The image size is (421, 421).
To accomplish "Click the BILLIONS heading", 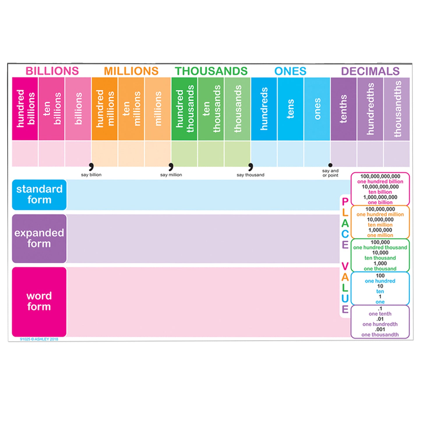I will [52, 71].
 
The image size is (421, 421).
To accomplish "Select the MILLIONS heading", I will [131, 71].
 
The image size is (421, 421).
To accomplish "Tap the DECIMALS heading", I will [370, 71].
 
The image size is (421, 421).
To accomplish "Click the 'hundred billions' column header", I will [25, 109].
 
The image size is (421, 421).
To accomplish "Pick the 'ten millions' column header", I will [131, 109].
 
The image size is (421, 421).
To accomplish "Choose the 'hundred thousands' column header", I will [184, 109].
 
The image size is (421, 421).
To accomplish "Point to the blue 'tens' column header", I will [290, 109].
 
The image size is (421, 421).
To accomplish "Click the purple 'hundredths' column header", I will [370, 109].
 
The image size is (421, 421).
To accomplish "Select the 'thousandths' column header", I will [397, 109].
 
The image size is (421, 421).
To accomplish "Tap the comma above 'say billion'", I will [91, 167].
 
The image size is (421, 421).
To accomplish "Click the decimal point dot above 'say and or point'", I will [330, 165].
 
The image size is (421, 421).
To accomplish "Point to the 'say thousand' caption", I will [250, 175].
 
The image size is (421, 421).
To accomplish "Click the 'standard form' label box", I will [39, 195].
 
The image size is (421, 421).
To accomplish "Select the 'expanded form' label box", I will [39, 238].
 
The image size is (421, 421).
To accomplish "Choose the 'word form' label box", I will [39, 302].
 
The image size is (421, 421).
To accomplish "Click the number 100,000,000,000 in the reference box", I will [380, 176].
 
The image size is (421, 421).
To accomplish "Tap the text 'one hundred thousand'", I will [380, 247].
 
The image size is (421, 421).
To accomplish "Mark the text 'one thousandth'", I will [380, 335].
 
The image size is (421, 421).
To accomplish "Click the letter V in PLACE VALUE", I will [345, 266].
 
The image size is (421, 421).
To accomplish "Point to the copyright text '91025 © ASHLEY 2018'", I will [39, 339].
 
